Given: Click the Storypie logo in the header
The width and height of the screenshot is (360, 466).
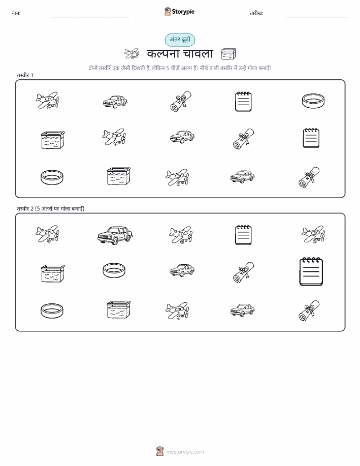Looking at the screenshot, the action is [x=179, y=12].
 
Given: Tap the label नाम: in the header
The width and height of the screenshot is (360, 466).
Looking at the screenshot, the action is [x=16, y=13].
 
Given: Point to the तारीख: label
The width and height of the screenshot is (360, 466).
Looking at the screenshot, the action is [x=256, y=13].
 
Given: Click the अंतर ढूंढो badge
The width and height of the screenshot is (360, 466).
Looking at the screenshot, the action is [x=180, y=40].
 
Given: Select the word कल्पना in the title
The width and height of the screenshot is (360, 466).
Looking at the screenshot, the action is [x=163, y=53].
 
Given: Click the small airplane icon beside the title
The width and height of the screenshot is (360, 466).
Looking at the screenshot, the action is [x=132, y=54].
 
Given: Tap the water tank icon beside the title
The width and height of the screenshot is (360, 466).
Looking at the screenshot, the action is [x=228, y=54].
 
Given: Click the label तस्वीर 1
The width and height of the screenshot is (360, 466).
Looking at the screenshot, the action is [x=25, y=75].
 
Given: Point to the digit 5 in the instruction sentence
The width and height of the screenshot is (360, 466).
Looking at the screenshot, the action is [x=168, y=68].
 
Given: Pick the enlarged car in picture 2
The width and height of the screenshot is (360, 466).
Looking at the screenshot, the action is [x=115, y=235].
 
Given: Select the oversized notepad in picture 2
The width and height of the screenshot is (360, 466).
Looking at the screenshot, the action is [x=311, y=272].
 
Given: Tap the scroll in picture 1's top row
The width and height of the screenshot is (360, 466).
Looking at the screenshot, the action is [x=181, y=102].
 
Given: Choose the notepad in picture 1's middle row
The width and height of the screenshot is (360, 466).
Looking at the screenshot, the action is [x=311, y=138].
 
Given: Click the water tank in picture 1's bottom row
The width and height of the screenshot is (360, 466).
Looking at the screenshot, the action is [x=118, y=176].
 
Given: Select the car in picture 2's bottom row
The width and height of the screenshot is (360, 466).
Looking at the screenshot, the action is [x=242, y=310].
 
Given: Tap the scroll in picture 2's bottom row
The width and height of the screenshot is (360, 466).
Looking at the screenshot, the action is [x=309, y=311].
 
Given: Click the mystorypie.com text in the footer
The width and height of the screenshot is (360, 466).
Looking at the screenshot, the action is [x=185, y=452].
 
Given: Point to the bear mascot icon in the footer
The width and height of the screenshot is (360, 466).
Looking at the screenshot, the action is [x=160, y=451].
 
